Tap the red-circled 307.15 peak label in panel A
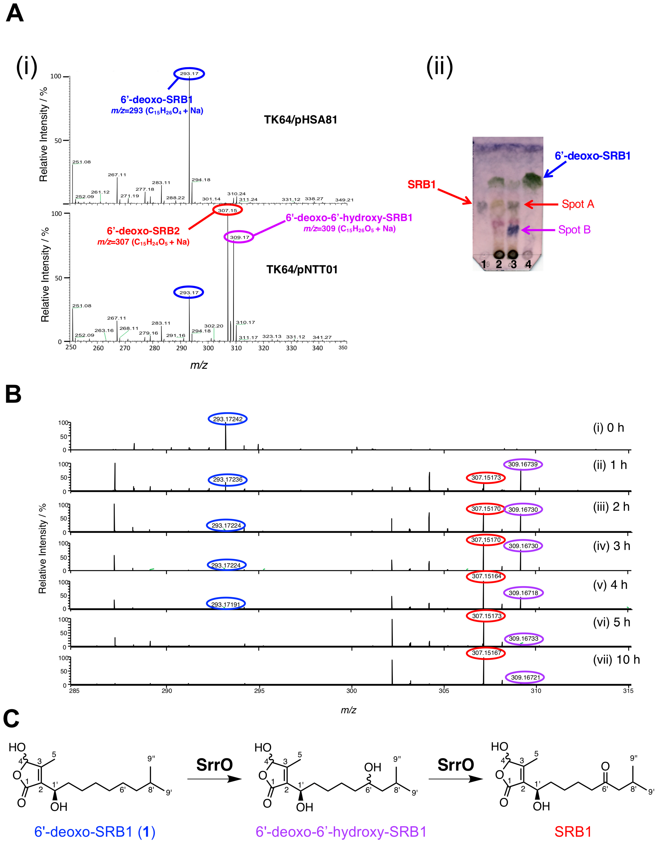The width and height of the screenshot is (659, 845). tap(228, 210)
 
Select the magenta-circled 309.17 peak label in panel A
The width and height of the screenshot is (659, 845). tap(239, 237)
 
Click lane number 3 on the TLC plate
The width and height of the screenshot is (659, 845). tap(513, 265)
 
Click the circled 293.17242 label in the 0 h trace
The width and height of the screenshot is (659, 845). tap(228, 419)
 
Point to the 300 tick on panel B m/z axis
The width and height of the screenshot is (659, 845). tap(351, 691)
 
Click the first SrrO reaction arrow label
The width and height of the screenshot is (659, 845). tap(215, 764)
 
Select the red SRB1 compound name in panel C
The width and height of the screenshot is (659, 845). tap(573, 831)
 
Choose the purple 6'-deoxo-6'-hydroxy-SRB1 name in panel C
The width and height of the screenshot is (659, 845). tap(341, 831)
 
